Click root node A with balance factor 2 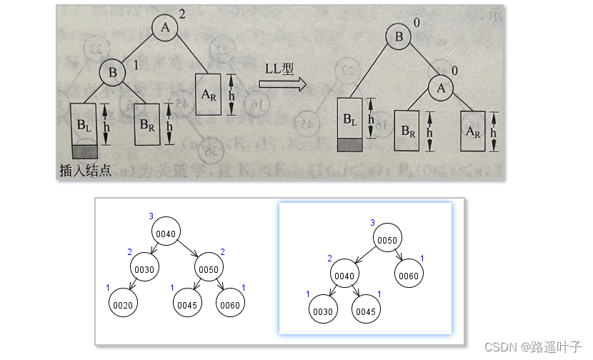[x=166, y=28]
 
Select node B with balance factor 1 [x=111, y=72]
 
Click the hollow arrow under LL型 [x=282, y=83]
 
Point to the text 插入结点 [x=86, y=170]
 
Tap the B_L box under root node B [x=351, y=119]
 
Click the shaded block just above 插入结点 [x=85, y=151]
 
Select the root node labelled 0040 [x=165, y=232]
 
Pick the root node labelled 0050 [x=387, y=239]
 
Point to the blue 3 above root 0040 [x=151, y=216]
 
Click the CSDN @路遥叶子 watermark [x=532, y=346]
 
